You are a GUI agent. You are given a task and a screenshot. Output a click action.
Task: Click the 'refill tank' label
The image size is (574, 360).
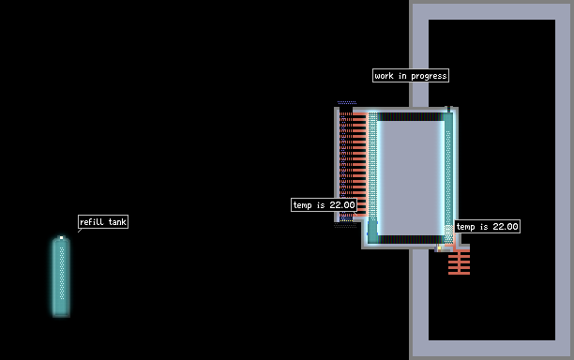103,221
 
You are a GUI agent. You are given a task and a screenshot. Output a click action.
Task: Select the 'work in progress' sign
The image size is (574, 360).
411,76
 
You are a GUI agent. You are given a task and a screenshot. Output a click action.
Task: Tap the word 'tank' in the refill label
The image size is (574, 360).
117,221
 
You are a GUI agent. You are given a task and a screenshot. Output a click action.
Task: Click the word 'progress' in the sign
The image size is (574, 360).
429,76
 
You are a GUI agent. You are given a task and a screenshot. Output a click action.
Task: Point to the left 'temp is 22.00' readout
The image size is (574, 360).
324,205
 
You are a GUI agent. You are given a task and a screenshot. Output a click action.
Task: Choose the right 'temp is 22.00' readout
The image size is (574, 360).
487,227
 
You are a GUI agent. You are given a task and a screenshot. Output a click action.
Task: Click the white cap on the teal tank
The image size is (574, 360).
61,238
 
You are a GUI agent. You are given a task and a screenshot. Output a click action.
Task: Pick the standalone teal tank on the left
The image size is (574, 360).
61,277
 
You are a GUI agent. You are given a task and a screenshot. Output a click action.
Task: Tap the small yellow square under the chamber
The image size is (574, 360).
439,248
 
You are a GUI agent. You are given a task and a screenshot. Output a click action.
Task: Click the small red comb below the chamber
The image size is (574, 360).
459,262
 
